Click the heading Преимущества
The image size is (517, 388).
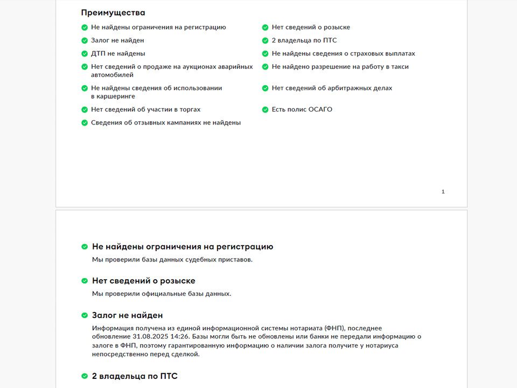pos(113,12)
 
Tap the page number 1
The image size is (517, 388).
pos(443,192)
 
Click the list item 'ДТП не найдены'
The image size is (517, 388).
pos(118,53)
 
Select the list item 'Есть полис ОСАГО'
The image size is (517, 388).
pos(302,109)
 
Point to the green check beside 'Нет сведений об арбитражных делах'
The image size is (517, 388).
pos(266,88)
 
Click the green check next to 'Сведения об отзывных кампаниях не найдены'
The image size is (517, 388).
pos(85,123)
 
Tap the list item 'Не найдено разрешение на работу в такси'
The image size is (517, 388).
pos(340,67)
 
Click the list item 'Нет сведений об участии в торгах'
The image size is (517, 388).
pos(145,109)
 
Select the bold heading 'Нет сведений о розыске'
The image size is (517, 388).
pos(143,281)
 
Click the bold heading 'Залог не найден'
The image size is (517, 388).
pos(127,315)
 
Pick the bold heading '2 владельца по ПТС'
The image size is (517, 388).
pos(135,376)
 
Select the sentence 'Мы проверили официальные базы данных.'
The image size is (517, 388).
pos(162,294)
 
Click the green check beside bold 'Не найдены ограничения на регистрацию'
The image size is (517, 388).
pos(85,247)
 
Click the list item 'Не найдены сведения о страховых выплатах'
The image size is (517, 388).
pos(343,53)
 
